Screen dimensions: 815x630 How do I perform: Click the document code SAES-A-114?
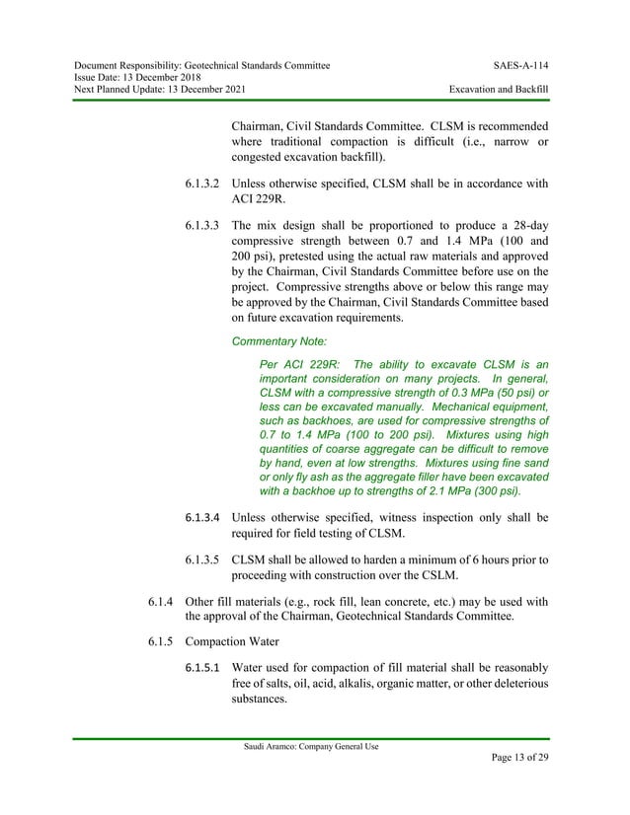pos(520,65)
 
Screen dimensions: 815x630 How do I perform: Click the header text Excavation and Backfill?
pos(498,90)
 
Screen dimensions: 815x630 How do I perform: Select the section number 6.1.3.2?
pos(203,183)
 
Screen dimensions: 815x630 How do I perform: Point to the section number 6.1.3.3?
pos(203,227)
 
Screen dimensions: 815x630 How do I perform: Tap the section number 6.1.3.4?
pos(203,517)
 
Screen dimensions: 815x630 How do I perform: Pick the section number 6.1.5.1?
pos(203,668)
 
